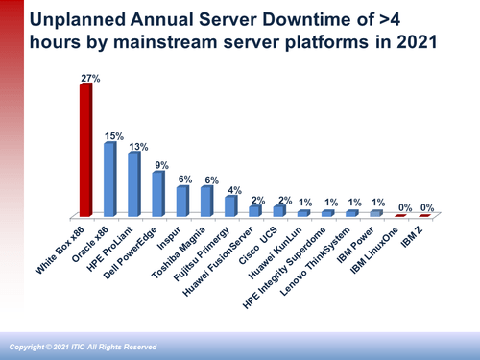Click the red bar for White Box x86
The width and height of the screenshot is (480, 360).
[x=85, y=151]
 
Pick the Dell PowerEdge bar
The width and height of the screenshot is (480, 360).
[x=157, y=194]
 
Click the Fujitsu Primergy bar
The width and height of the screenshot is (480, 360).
[x=229, y=205]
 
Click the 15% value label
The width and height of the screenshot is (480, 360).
[x=111, y=136]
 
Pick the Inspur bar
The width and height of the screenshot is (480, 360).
[x=181, y=201]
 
